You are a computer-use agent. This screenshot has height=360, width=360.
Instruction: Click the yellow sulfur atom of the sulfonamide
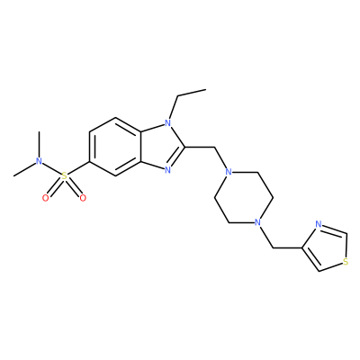(x=64, y=176)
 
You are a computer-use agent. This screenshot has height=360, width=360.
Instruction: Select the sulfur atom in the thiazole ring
(x=346, y=263)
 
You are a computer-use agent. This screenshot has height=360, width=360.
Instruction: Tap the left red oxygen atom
(x=46, y=198)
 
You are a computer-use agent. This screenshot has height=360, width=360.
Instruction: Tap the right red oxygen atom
(x=83, y=198)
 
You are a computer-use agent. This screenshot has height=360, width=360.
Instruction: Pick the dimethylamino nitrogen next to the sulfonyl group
(x=39, y=161)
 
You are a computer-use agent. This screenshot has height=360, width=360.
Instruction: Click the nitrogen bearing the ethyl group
(x=168, y=122)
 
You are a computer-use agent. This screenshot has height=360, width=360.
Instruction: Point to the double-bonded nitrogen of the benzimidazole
(x=168, y=171)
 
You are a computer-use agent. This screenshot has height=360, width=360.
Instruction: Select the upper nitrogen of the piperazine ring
(x=229, y=173)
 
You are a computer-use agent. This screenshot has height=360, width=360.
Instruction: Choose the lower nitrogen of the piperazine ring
(x=257, y=222)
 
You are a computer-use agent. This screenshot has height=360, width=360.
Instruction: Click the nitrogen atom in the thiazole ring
(x=319, y=224)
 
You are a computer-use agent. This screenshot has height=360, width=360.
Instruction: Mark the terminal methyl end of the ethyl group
(x=206, y=89)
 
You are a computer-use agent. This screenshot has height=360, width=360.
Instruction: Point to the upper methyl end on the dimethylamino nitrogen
(x=39, y=131)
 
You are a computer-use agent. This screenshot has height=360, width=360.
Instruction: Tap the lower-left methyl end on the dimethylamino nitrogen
(x=13, y=175)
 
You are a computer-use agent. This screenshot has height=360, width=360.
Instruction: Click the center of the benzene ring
(x=115, y=147)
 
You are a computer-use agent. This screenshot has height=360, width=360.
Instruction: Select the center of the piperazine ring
(x=243, y=197)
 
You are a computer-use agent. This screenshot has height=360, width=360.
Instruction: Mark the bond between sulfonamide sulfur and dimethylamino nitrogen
(x=51, y=168)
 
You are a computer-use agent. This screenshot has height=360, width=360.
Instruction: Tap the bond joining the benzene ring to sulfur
(x=78, y=169)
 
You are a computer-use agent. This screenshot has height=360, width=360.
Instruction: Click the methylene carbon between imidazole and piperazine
(x=215, y=147)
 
